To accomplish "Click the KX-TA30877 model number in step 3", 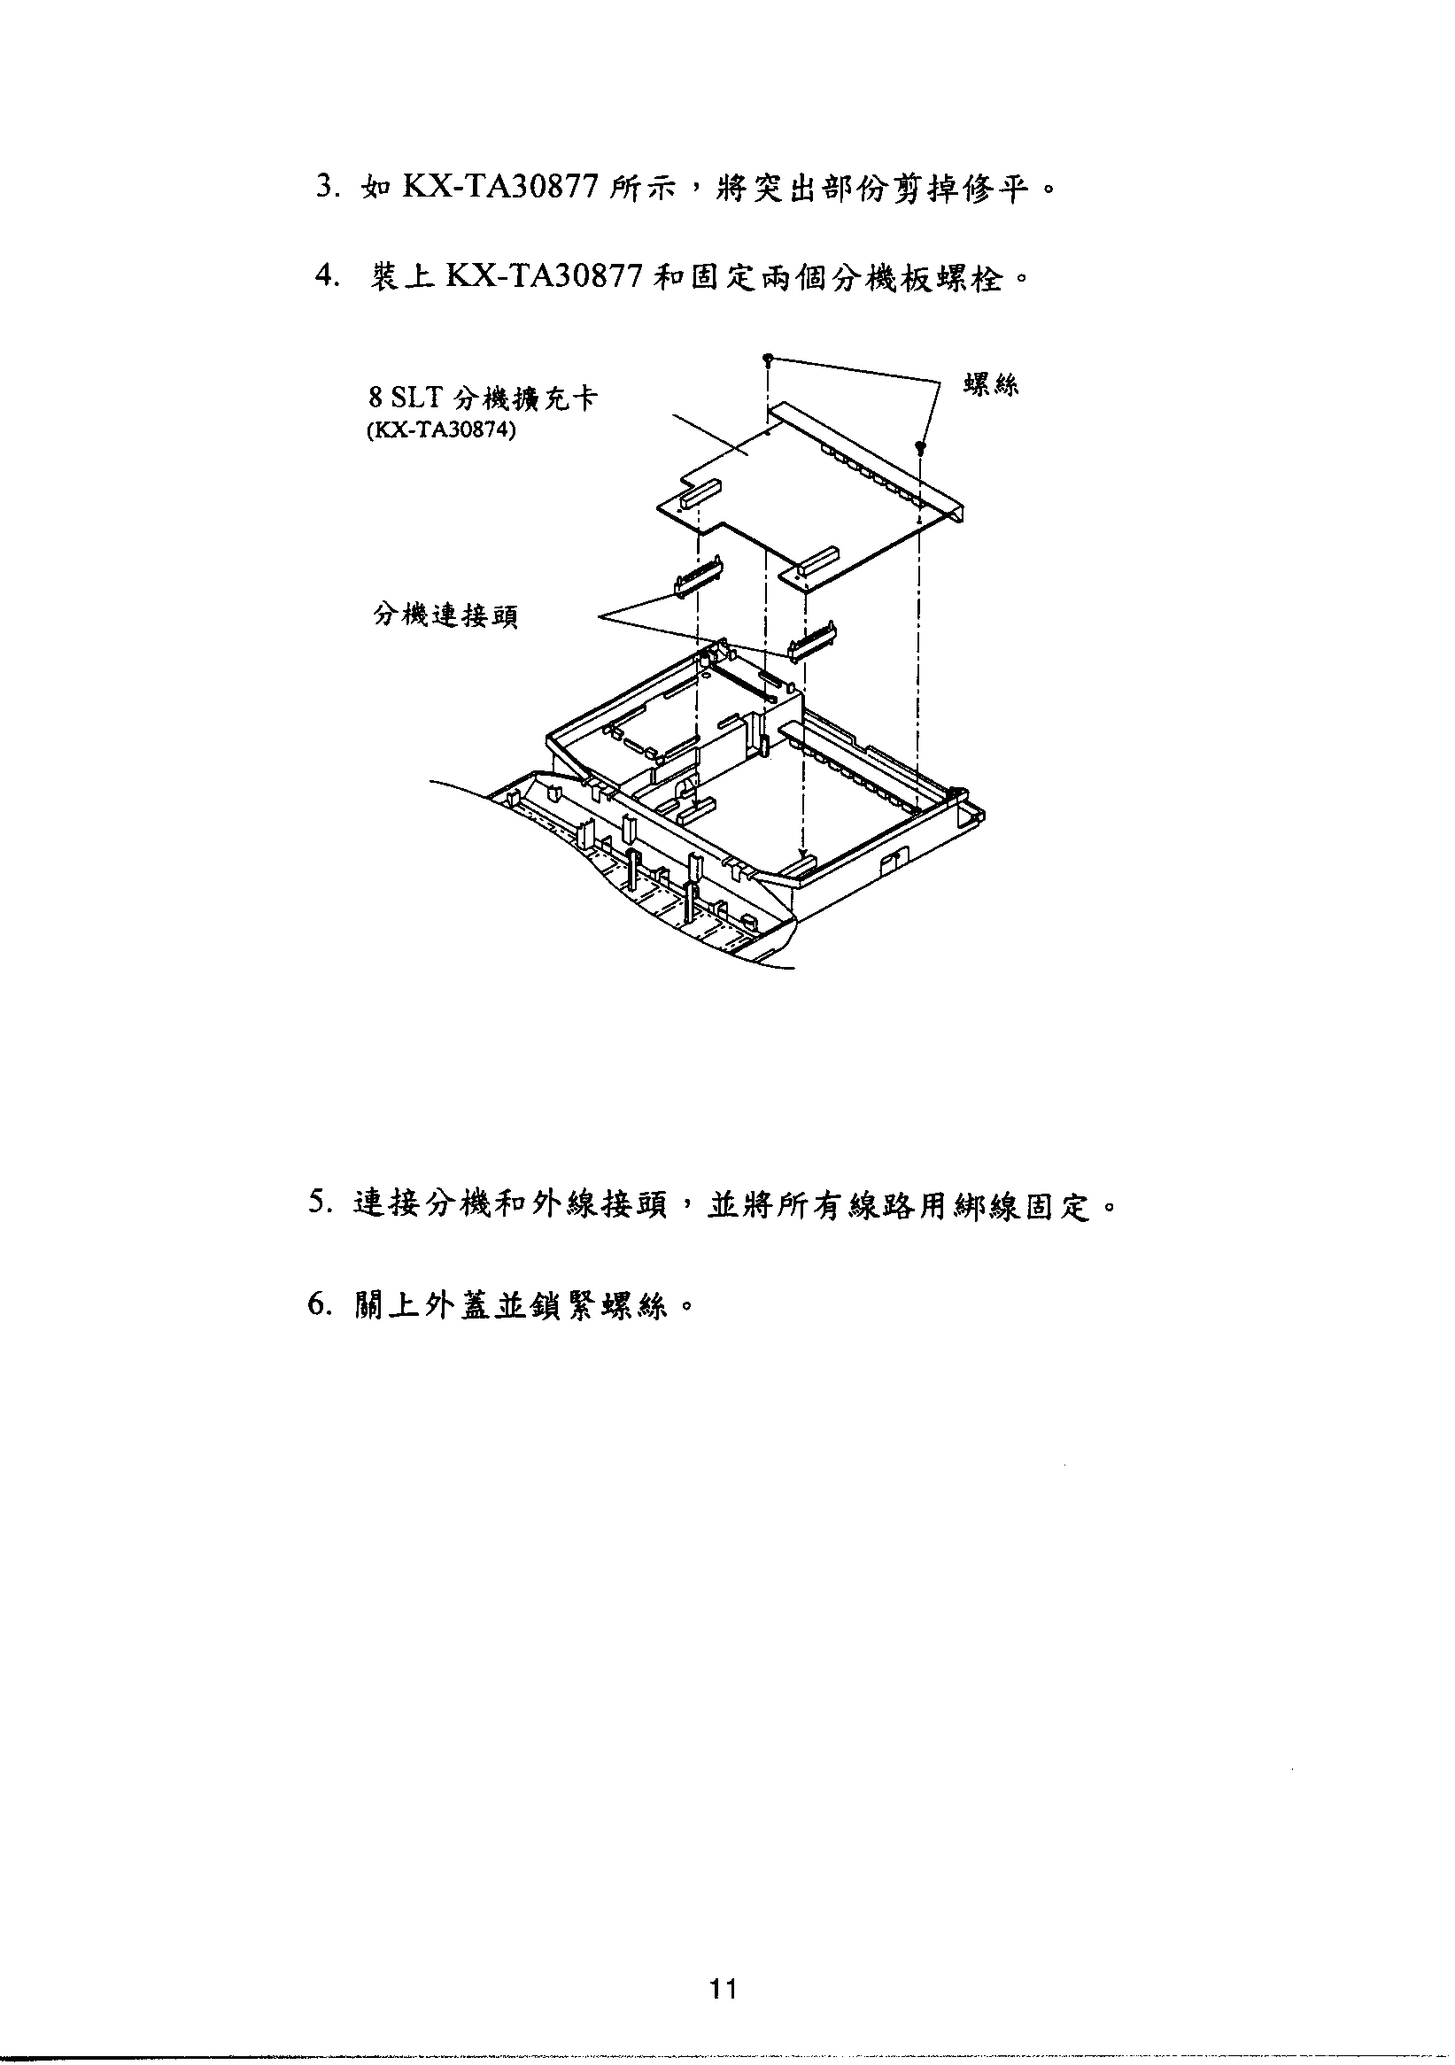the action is [x=501, y=189].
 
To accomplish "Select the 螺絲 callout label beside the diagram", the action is [x=991, y=386].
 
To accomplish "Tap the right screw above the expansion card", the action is [x=920, y=446].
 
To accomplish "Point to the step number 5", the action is [x=317, y=1203].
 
